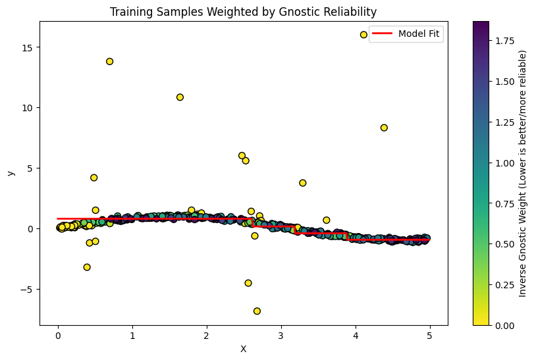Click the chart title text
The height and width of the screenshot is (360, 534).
pyautogui.click(x=243, y=12)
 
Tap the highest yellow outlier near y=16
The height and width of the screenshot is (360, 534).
pyautogui.click(x=363, y=35)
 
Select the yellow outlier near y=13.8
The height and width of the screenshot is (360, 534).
pyautogui.click(x=109, y=61)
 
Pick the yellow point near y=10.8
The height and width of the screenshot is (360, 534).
pyautogui.click(x=180, y=97)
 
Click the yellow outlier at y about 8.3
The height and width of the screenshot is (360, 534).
pyautogui.click(x=384, y=128)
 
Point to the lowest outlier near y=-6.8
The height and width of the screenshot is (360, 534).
pyautogui.click(x=257, y=311)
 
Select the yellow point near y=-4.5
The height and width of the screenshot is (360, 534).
pyautogui.click(x=248, y=283)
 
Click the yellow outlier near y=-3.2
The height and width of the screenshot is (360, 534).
pyautogui.click(x=87, y=267)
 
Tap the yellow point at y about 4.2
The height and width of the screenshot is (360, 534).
pyautogui.click(x=94, y=178)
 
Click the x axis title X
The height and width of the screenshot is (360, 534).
pyautogui.click(x=243, y=349)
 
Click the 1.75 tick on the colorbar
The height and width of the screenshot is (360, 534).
pyautogui.click(x=500, y=41)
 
